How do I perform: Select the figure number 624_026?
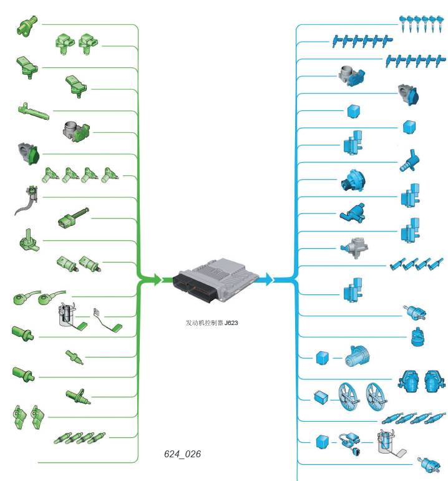[x=183, y=454]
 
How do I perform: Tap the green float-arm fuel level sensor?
[x=107, y=319]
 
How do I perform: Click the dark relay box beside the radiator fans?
[x=321, y=397]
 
